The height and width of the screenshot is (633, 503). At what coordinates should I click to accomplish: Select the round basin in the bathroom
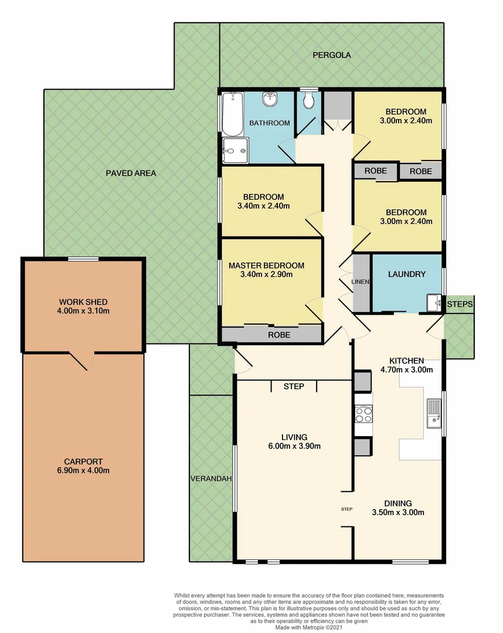point(270,98)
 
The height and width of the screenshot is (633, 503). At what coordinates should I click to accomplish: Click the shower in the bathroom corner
point(235,150)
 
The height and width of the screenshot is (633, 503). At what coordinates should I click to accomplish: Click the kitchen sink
point(434,410)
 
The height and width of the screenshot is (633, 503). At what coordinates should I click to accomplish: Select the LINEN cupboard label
point(360,282)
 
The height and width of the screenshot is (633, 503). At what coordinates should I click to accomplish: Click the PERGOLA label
point(332,55)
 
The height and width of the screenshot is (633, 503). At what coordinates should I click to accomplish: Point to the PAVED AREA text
point(131,173)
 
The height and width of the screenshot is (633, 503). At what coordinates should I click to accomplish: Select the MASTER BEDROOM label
point(266,266)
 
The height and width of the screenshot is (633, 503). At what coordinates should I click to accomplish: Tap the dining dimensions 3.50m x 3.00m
point(398,512)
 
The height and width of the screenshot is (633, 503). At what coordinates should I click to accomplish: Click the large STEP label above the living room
point(294,386)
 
